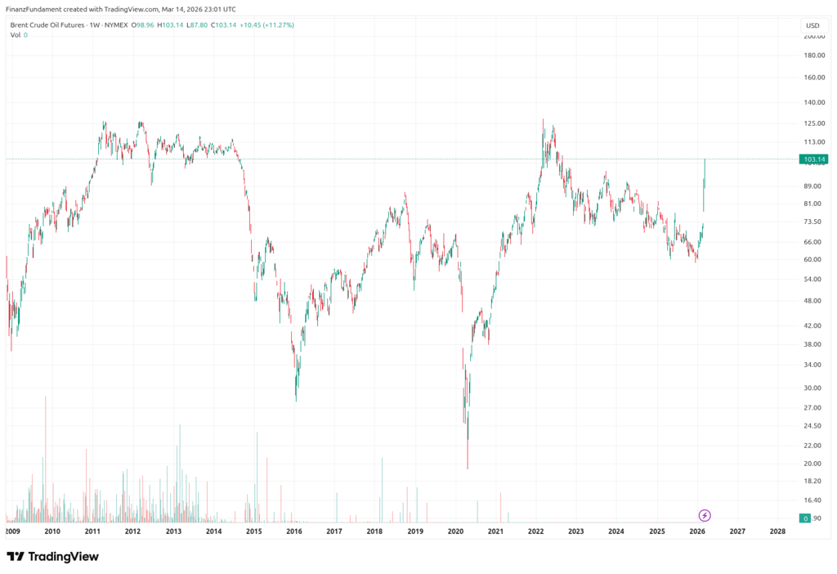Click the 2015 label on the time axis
coord(253,531)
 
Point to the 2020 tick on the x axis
coord(455,531)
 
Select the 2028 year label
coord(778,531)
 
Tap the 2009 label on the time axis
coord(12,531)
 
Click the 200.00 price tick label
coord(812,37)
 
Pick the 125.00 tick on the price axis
coord(812,123)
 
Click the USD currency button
coord(812,25)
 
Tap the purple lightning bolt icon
coord(705,515)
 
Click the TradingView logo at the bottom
coord(52,557)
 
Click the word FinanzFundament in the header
coord(33,8)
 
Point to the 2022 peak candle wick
coord(542,121)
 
